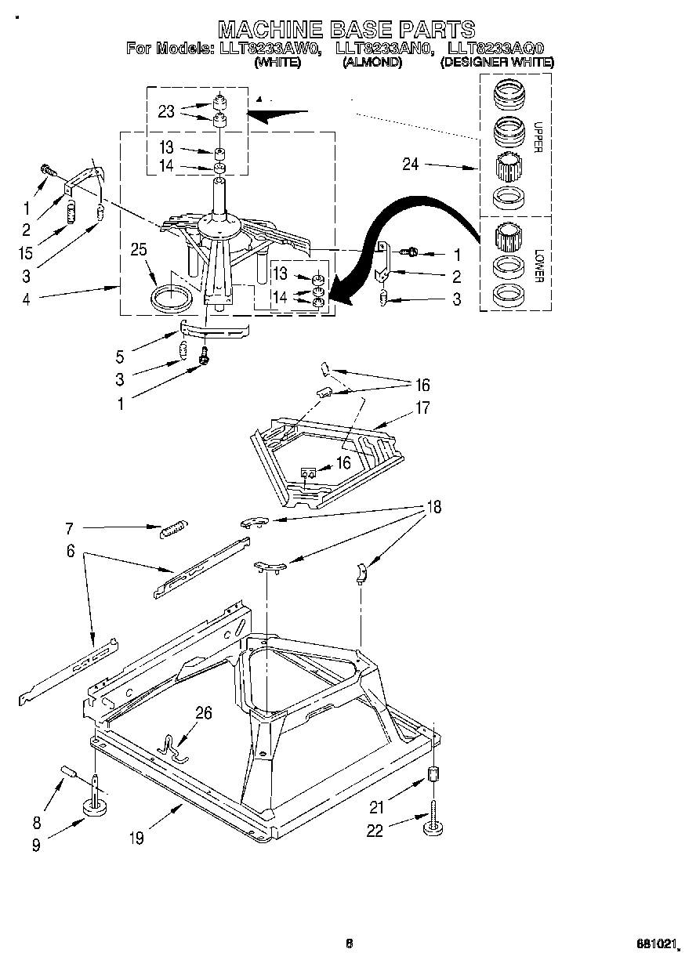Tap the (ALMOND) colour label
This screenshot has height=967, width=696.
tap(372, 63)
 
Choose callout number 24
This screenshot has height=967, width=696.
tap(411, 165)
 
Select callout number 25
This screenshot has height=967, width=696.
tap(139, 250)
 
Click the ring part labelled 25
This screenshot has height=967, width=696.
tap(170, 298)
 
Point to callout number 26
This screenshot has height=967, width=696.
tap(203, 713)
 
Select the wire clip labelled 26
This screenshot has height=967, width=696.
tap(174, 748)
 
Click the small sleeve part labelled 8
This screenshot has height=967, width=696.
tap(67, 773)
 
